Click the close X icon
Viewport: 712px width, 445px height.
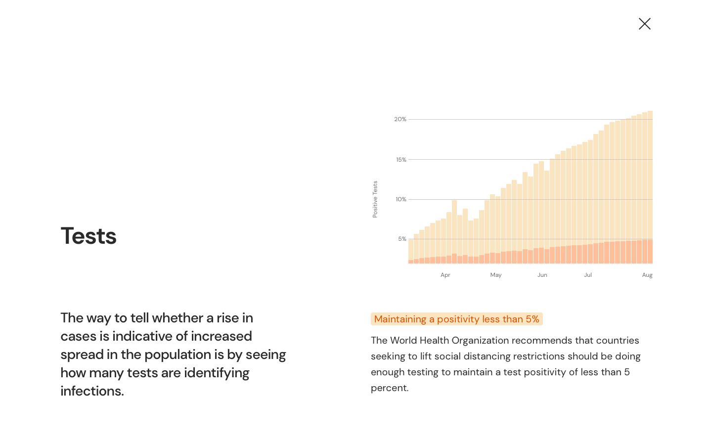644,24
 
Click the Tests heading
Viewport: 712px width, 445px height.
89,236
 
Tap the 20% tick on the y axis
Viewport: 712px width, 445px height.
400,119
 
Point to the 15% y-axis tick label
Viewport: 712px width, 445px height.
401,160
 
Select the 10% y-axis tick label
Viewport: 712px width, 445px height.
400,199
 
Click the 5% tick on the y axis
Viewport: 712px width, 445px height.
402,239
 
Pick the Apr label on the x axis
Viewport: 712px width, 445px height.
445,275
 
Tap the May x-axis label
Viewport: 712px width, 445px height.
495,275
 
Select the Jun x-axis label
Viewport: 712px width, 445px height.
542,275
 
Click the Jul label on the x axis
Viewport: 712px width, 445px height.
587,275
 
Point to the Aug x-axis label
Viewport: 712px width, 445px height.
647,275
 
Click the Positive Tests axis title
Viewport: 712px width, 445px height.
375,199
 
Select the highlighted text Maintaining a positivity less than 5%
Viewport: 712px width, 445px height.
456,319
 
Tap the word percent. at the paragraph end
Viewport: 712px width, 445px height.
390,388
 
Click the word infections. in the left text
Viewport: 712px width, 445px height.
92,391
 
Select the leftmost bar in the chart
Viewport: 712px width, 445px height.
410,252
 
